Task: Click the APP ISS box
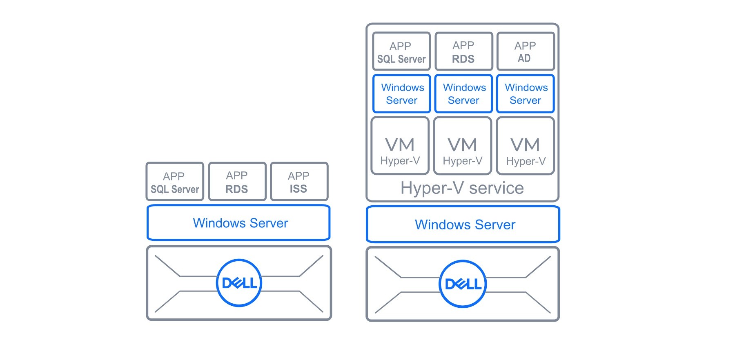click(299, 182)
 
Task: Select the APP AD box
click(526, 51)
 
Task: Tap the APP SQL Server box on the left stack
click(175, 182)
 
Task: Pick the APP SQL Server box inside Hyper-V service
click(401, 51)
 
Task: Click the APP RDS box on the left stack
click(237, 182)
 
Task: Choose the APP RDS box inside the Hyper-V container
click(463, 51)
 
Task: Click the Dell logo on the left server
click(239, 283)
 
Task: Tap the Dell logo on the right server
click(463, 284)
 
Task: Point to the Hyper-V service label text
click(462, 188)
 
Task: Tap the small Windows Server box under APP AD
click(526, 94)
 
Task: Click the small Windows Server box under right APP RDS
click(463, 94)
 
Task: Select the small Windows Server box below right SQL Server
click(402, 94)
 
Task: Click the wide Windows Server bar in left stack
click(239, 223)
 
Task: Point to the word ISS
click(298, 189)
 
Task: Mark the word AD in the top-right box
click(524, 59)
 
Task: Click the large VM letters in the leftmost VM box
click(400, 145)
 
